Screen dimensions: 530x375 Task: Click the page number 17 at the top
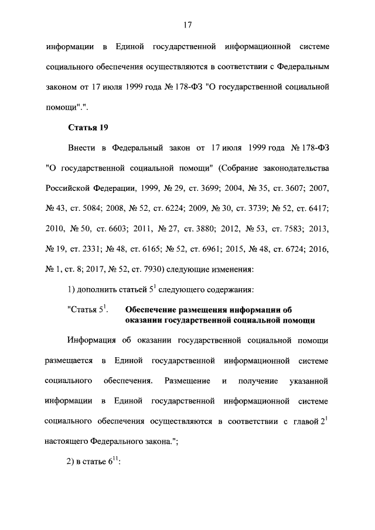coord(187,25)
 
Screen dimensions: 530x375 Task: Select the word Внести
coord(84,148)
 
